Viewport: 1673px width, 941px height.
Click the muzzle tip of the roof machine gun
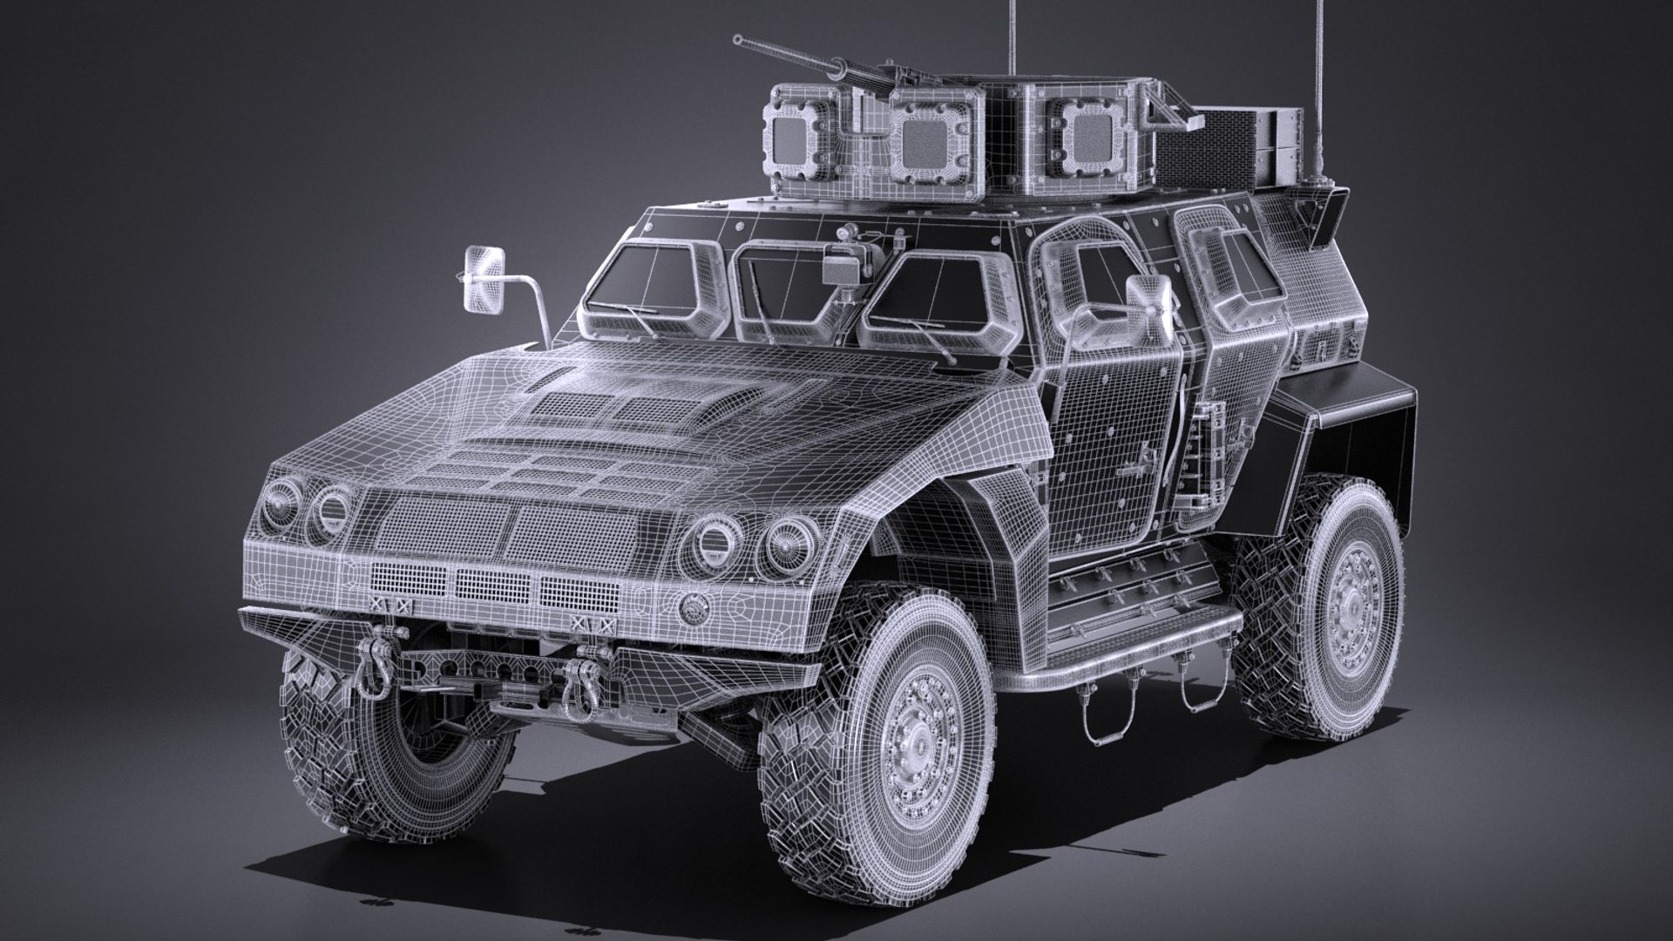738,39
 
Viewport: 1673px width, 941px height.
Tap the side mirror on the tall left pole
484,279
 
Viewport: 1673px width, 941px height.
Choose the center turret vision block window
925,139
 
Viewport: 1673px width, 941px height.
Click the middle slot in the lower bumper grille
492,584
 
